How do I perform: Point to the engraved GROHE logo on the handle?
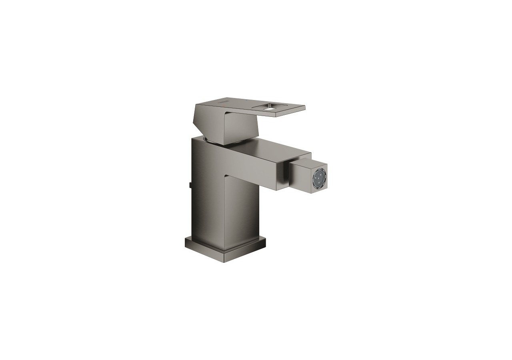tap(221, 104)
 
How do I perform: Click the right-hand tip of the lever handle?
tap(304, 107)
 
